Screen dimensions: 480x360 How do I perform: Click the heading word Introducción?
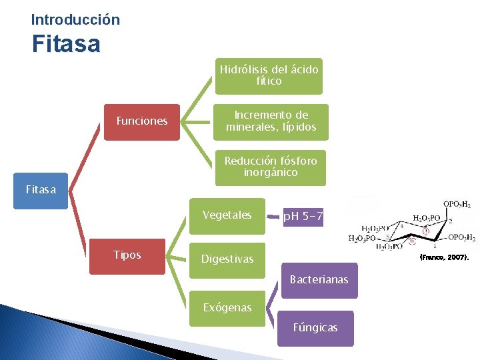[75, 20]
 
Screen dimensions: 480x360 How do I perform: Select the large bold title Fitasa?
[66, 45]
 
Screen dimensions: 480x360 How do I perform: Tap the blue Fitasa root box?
[41, 191]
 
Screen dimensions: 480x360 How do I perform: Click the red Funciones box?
[142, 121]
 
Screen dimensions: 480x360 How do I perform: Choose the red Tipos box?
[127, 256]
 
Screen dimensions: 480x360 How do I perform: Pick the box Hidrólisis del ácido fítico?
[269, 75]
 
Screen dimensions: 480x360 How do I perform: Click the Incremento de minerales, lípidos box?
[271, 121]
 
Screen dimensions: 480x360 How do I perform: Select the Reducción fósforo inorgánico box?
[271, 167]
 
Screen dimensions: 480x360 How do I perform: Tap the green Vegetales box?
[227, 215]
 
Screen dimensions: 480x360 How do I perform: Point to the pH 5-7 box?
[303, 217]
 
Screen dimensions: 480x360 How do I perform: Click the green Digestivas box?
[227, 259]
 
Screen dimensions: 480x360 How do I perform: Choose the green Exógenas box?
[227, 307]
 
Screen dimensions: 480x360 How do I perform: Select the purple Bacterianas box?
[319, 280]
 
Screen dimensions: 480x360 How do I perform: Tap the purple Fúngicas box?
[315, 327]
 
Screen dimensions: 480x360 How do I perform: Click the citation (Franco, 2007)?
[443, 257]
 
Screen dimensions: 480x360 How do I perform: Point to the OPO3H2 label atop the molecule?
[459, 204]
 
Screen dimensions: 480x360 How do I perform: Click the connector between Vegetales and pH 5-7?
[274, 216]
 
